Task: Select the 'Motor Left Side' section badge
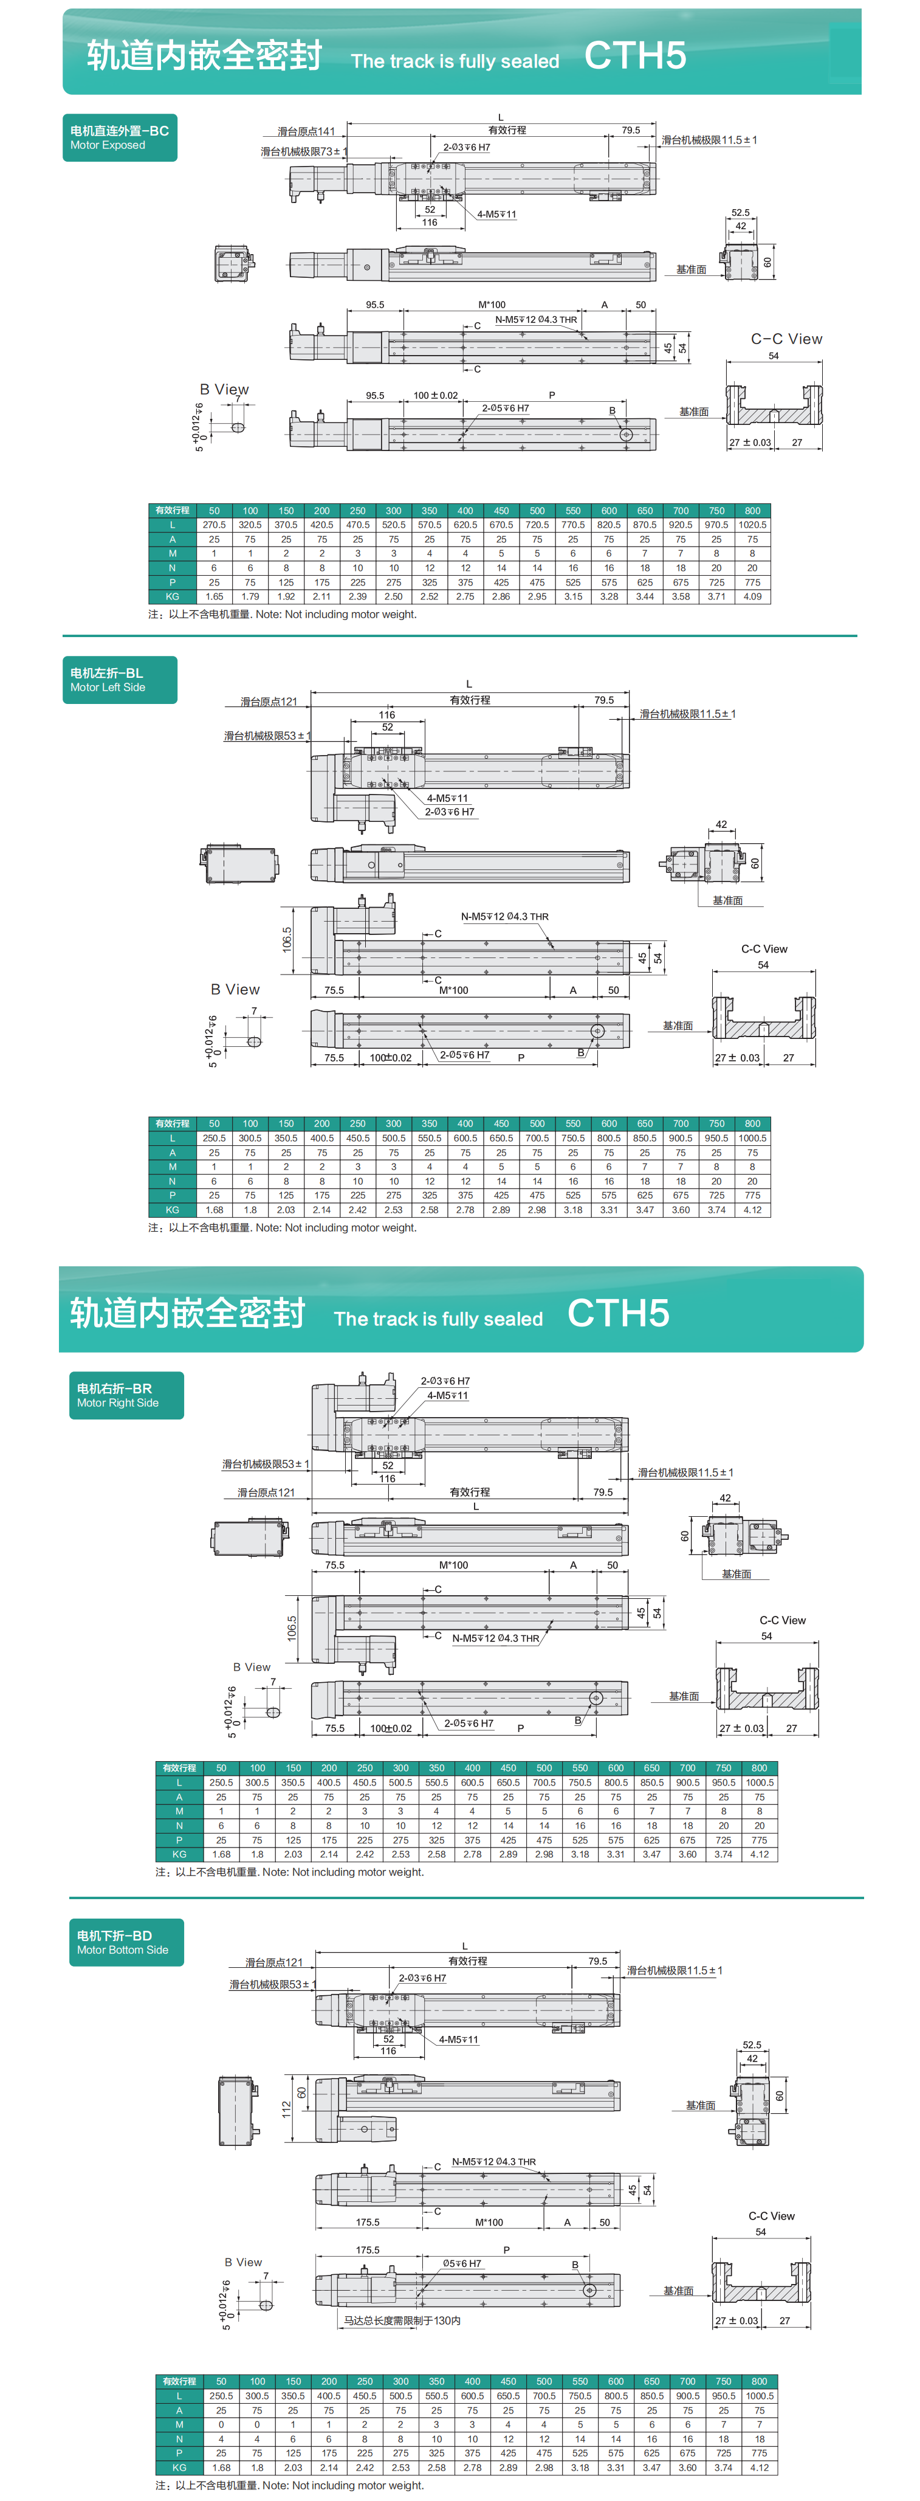click(x=119, y=680)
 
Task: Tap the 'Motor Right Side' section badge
click(x=126, y=1395)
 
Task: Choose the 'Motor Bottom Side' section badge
click(x=126, y=1942)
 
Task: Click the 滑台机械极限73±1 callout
click(x=303, y=151)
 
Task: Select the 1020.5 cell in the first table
click(x=752, y=524)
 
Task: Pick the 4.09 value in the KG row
click(x=752, y=597)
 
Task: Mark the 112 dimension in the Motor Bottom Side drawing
click(x=286, y=2109)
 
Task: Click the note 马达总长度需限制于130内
click(x=402, y=2320)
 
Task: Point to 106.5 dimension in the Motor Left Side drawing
click(x=287, y=939)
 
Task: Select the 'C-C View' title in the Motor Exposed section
click(x=786, y=339)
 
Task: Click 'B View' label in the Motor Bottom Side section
click(x=242, y=2261)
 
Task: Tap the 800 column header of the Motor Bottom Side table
click(x=759, y=2381)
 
